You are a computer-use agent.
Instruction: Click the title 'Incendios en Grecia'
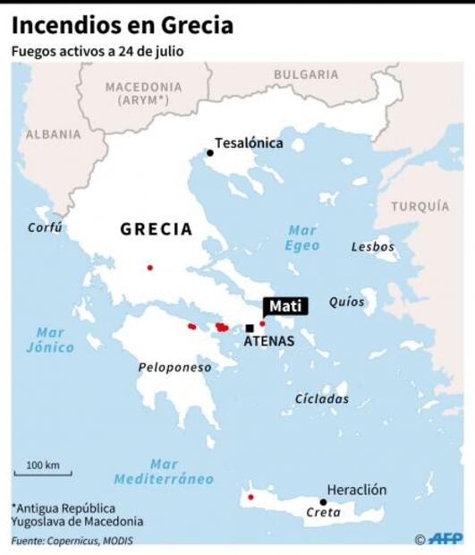[x=123, y=25]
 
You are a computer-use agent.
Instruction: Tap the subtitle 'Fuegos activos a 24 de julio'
[x=98, y=51]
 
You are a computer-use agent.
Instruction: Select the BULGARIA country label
[x=305, y=74]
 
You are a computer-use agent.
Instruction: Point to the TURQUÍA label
[x=420, y=206]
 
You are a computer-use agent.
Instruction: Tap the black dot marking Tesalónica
[x=210, y=153]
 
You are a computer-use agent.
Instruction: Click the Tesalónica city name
[x=249, y=142]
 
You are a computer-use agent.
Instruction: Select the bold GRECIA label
[x=157, y=229]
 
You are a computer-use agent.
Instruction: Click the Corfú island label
[x=45, y=227]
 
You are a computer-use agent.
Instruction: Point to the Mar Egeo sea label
[x=302, y=237]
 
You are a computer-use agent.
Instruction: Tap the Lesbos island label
[x=372, y=246]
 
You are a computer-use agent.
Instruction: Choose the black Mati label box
[x=286, y=306]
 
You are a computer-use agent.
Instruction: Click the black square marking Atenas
[x=250, y=329]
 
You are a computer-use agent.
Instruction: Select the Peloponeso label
[x=174, y=367]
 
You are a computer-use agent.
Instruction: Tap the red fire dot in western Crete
[x=250, y=497]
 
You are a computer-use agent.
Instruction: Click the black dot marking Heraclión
[x=323, y=501]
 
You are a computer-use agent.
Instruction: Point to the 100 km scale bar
[x=42, y=474]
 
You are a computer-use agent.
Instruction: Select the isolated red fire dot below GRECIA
[x=149, y=268]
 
